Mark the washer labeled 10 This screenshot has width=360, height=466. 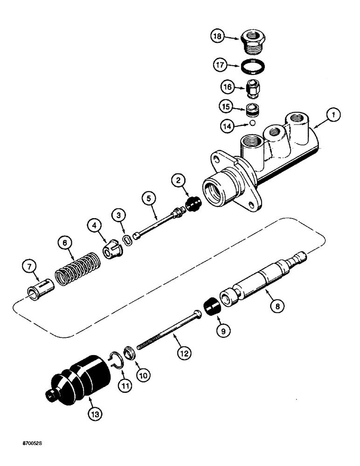point(131,349)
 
